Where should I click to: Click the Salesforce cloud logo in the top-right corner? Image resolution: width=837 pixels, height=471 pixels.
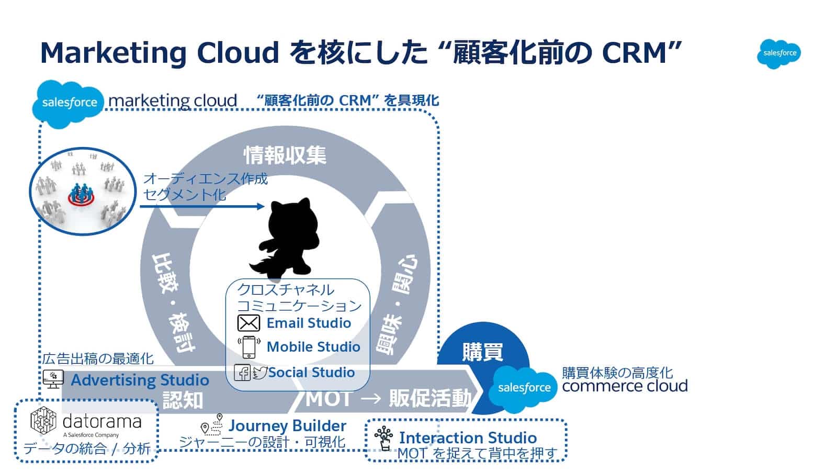click(778, 53)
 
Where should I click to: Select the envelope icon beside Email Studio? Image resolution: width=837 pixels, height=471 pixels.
click(248, 323)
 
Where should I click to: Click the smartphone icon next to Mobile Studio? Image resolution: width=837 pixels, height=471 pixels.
click(249, 347)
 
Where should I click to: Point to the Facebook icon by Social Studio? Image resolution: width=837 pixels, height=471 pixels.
click(242, 373)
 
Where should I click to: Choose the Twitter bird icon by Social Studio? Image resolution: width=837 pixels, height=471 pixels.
click(260, 373)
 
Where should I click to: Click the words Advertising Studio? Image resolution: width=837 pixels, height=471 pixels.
click(140, 380)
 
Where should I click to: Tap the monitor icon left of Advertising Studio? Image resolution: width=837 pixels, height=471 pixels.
click(53, 379)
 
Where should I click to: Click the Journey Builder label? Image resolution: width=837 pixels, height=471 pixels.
click(287, 426)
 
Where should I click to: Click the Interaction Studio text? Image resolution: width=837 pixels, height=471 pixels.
click(468, 438)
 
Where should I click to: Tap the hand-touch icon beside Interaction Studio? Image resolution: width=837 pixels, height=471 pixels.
click(384, 439)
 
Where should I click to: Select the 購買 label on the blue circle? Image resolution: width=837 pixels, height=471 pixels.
click(482, 352)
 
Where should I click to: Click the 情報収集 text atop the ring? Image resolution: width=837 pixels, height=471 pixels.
click(285, 155)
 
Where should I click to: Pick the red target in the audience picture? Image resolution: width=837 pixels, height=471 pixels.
click(81, 198)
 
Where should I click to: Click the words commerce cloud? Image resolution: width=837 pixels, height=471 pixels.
click(625, 386)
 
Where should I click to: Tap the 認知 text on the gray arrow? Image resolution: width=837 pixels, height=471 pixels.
click(183, 400)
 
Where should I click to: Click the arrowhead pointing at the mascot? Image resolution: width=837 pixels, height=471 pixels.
click(261, 206)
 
